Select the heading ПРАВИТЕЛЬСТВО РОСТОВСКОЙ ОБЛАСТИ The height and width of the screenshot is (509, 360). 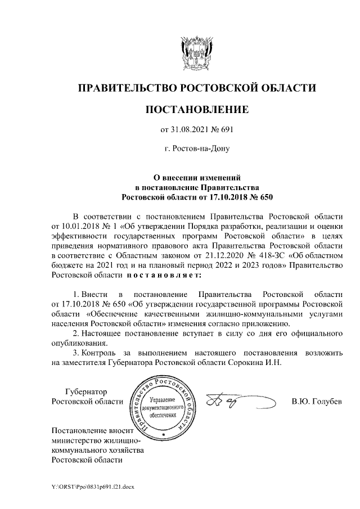point(196,88)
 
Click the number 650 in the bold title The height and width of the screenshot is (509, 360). point(262,197)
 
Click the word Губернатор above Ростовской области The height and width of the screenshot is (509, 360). point(89,391)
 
